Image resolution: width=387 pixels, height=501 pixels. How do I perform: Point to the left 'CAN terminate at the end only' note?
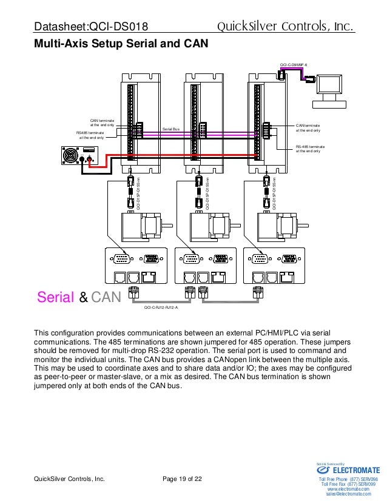click(102, 123)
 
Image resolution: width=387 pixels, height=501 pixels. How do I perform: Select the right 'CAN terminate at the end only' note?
click(308, 127)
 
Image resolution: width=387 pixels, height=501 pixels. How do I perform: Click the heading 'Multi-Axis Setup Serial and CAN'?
click(120, 44)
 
